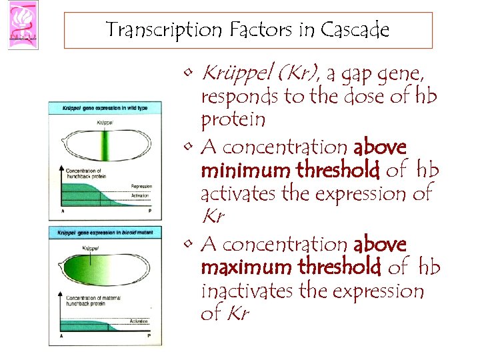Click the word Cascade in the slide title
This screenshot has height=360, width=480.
pyautogui.click(x=355, y=30)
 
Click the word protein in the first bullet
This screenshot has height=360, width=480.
pyautogui.click(x=233, y=120)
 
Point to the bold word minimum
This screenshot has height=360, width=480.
pyautogui.click(x=245, y=171)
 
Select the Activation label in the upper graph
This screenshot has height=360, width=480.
pyautogui.click(x=141, y=196)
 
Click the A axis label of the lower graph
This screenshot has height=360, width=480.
pyautogui.click(x=62, y=336)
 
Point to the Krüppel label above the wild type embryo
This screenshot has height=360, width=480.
pyautogui.click(x=105, y=123)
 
